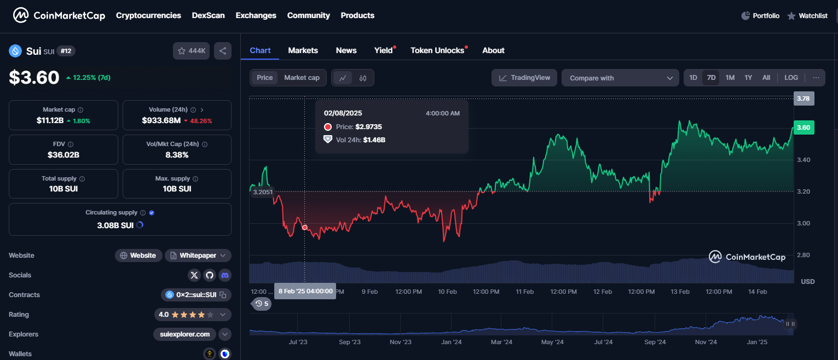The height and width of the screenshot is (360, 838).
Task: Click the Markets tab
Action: [303, 50]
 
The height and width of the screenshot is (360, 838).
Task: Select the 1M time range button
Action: [730, 78]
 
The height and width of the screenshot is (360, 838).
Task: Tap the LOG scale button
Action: [791, 78]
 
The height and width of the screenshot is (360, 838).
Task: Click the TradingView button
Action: [524, 78]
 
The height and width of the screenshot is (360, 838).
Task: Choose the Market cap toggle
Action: [302, 78]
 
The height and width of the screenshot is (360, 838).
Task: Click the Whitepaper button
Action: [198, 256]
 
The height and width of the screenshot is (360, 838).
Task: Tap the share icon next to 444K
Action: [223, 51]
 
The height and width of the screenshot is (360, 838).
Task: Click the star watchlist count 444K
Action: [191, 51]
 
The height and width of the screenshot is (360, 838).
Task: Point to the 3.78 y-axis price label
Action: [803, 98]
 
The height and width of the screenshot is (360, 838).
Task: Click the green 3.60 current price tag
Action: [803, 127]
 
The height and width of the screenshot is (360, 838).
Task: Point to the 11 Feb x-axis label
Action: [524, 292]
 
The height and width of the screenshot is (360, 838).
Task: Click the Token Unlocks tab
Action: [437, 50]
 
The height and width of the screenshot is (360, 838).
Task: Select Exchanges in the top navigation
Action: [256, 15]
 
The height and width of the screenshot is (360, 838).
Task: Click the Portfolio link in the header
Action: [760, 16]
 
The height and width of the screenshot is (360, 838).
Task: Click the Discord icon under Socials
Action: [224, 275]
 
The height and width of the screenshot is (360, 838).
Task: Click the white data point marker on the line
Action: [305, 228]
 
